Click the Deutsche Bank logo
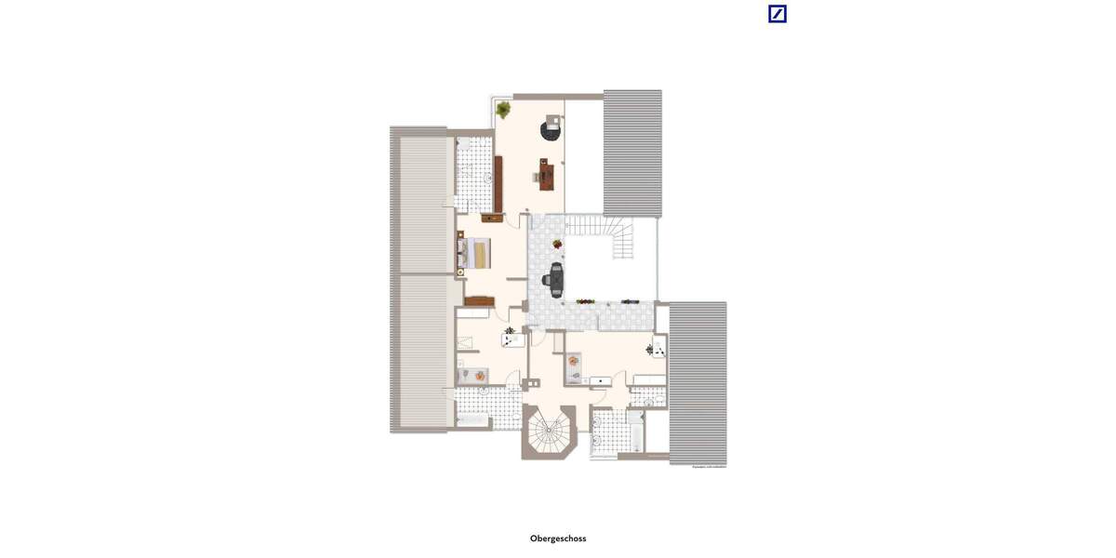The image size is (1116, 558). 777,13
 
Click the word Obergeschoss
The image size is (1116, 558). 558,538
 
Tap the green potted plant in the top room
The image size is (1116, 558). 504,110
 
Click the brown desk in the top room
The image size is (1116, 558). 546,172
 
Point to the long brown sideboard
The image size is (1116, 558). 498,183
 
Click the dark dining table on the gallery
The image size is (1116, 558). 556,278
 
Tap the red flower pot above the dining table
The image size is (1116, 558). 557,245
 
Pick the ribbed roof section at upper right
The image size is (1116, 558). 632,153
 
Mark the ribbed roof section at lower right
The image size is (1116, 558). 697,382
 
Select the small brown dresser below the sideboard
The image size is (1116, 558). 492,219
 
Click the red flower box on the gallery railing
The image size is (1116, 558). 585,301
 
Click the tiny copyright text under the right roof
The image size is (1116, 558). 710,467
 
